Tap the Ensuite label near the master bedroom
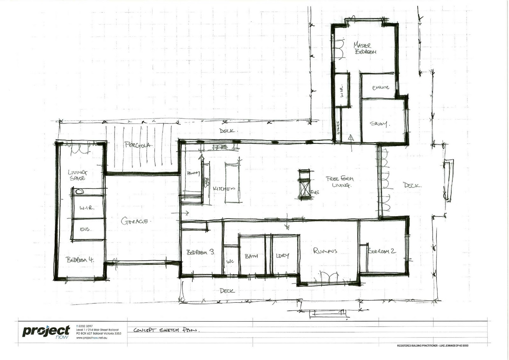(380, 88)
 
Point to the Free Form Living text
(340, 181)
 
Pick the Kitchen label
(224, 188)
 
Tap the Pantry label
(193, 173)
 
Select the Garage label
(134, 221)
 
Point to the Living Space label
(77, 175)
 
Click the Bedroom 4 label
(80, 259)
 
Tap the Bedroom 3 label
(200, 252)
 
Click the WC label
(230, 261)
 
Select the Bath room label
(251, 256)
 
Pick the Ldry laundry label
(282, 255)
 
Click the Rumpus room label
(325, 251)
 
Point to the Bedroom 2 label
(382, 251)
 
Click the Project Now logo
(46, 332)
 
